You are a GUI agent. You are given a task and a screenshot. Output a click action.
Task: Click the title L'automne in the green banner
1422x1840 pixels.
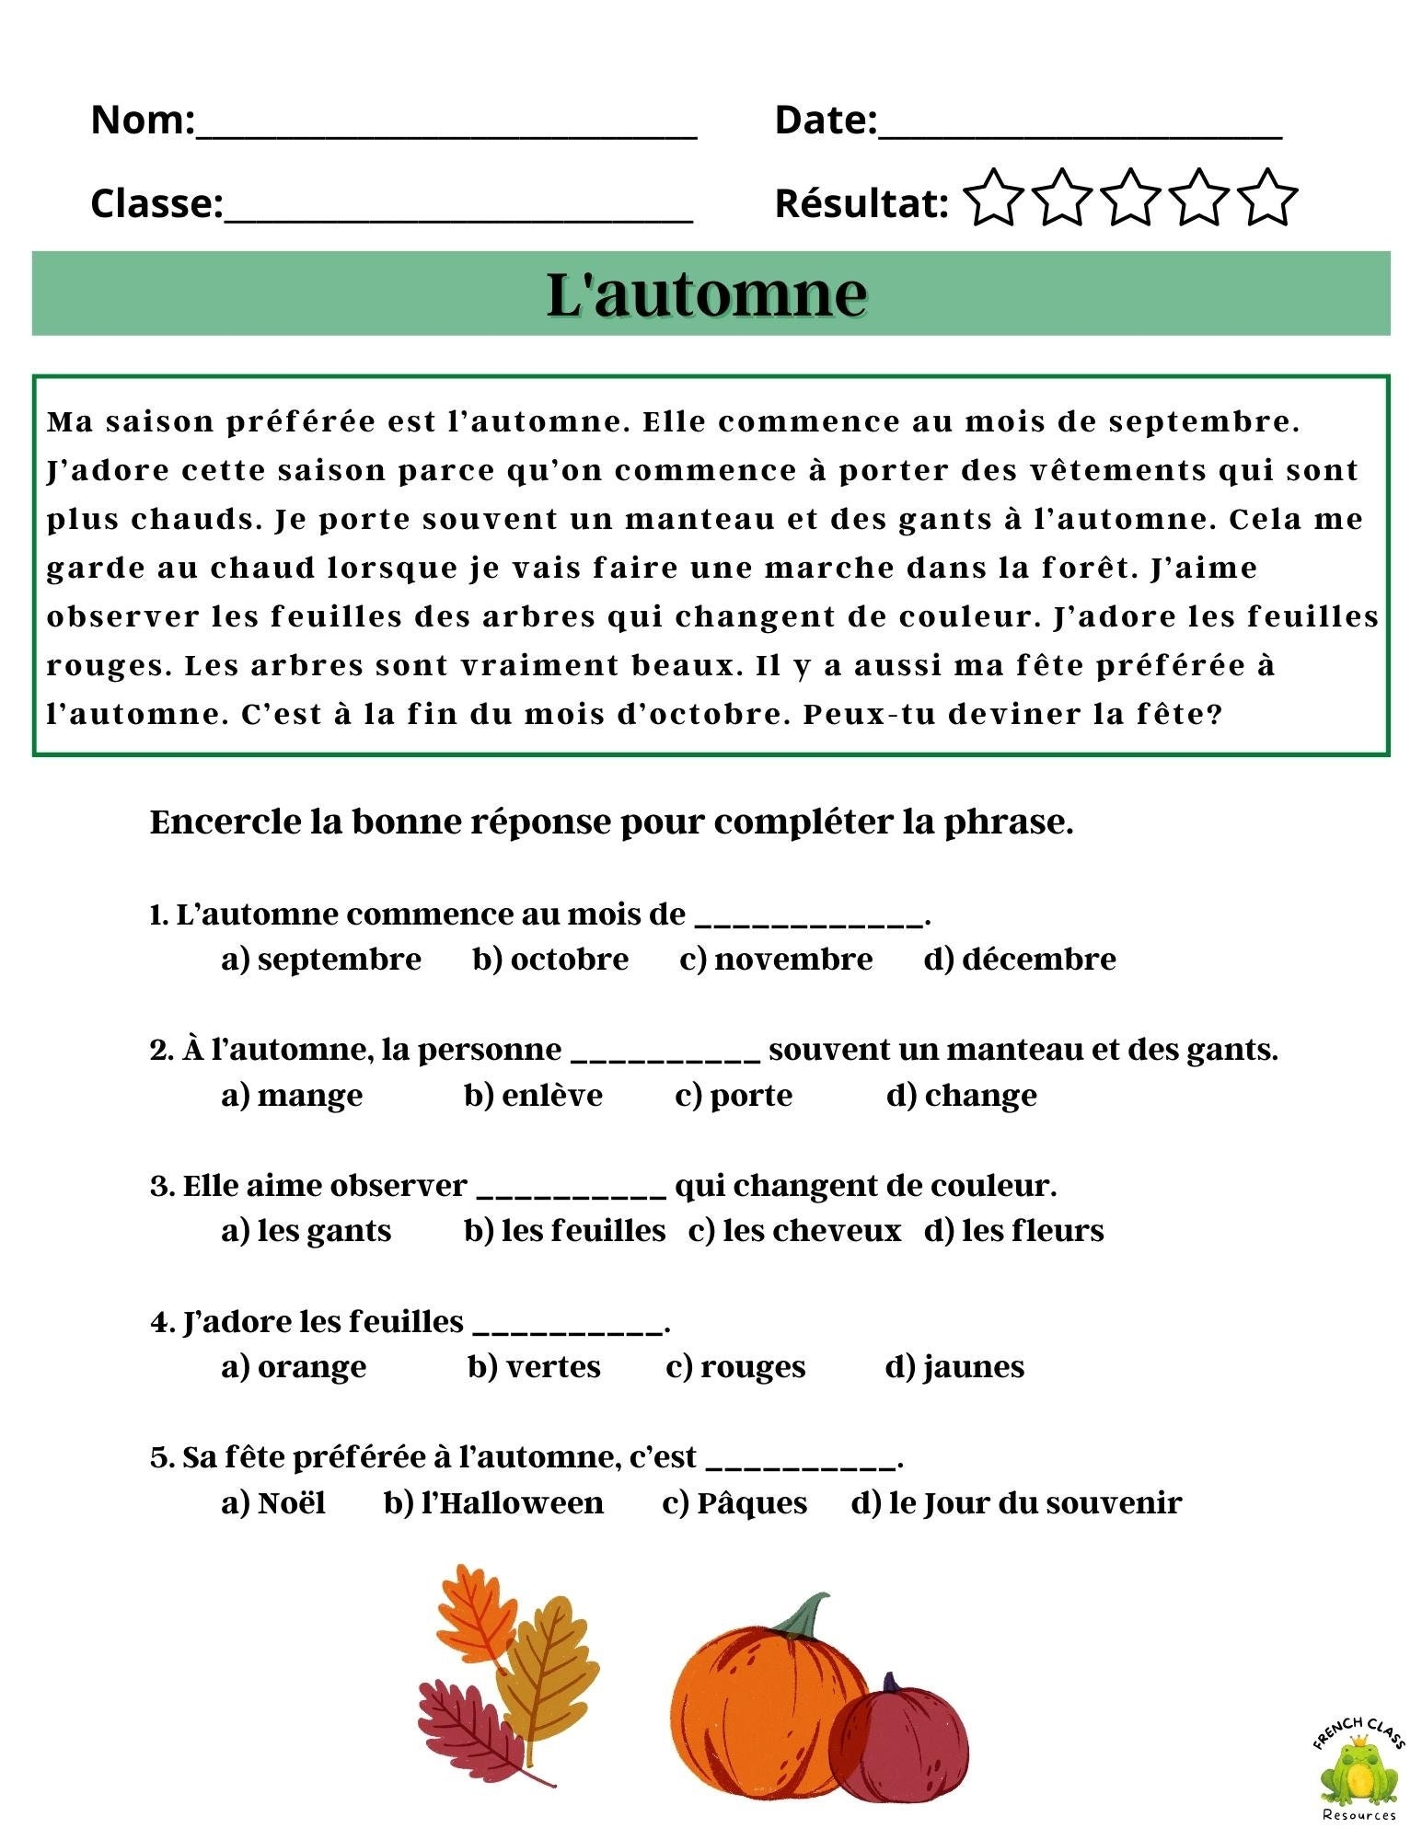707,294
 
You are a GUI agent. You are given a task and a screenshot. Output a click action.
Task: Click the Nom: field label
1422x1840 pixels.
142,121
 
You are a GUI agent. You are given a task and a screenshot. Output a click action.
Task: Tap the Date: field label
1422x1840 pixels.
826,121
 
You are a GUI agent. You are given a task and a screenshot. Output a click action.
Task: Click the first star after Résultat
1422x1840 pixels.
993,198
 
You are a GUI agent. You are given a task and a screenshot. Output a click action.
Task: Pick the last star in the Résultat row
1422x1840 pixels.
1267,198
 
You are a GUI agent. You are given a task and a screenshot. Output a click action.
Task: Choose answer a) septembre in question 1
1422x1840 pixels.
321,960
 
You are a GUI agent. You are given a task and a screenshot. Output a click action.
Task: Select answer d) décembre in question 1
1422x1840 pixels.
1020,960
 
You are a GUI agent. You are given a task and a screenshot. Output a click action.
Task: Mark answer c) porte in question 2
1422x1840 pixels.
734,1096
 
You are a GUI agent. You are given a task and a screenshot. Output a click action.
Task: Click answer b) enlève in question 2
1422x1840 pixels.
534,1096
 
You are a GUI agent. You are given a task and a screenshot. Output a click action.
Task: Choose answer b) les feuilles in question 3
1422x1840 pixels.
565,1231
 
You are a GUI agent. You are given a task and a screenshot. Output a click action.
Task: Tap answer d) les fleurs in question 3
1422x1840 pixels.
1014,1231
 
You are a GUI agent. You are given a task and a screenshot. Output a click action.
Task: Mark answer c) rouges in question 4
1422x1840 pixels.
735,1367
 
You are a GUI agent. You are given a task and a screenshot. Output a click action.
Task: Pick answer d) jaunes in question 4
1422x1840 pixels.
954,1367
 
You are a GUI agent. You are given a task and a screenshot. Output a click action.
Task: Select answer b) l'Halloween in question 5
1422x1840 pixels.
494,1503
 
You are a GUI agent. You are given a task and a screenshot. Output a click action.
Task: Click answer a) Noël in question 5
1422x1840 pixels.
273,1503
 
